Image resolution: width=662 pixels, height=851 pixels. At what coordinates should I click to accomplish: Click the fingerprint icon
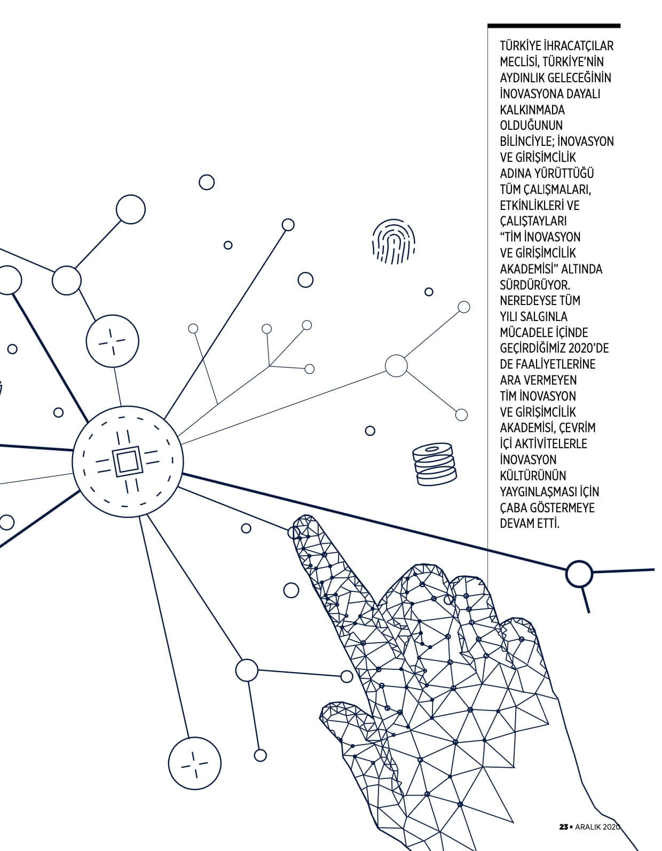coord(393,241)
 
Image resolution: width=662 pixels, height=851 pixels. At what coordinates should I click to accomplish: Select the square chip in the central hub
coord(125,462)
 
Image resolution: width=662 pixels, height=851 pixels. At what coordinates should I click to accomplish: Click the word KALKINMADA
coord(532,110)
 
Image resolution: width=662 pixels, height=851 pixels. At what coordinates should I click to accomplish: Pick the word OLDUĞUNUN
coord(531,126)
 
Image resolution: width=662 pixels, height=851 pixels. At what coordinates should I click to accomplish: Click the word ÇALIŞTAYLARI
coord(533,221)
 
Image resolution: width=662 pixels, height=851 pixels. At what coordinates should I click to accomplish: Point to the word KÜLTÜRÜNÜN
coord(533,475)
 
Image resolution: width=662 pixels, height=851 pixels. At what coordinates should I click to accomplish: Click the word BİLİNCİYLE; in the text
coord(527,141)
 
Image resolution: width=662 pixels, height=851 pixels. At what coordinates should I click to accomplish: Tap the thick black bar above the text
coord(554,26)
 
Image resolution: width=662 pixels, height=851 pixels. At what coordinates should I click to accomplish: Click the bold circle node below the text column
coord(579,574)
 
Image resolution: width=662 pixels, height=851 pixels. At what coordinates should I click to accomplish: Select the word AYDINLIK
coord(522,78)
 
